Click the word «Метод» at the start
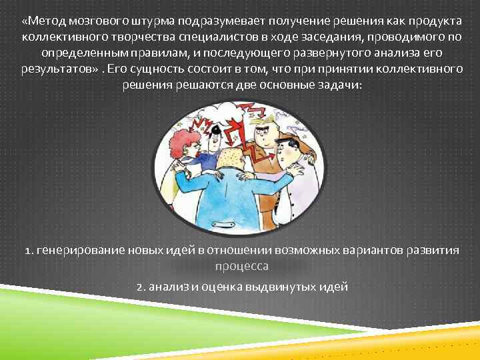click(45, 17)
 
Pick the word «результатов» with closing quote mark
click(59, 69)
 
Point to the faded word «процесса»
click(241, 267)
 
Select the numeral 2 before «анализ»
click(138, 287)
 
